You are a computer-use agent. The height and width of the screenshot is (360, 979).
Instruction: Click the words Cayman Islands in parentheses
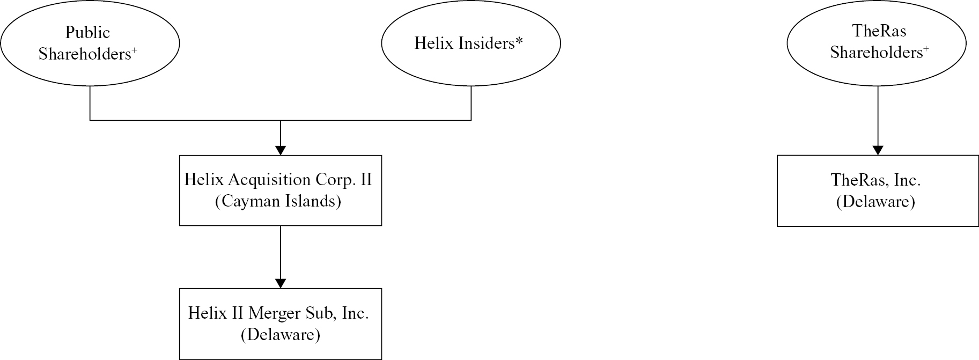(x=278, y=201)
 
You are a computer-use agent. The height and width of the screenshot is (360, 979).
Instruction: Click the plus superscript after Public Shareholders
(x=134, y=50)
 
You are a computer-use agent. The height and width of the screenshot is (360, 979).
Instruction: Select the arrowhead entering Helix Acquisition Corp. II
(x=281, y=150)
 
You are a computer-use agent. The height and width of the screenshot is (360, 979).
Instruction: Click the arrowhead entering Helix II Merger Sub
(x=281, y=283)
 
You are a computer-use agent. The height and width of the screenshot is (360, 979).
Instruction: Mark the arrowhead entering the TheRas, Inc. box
(x=878, y=150)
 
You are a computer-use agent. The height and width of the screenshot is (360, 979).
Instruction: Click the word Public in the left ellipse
(x=87, y=33)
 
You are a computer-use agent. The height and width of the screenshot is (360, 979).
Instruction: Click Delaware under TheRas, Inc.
(x=875, y=202)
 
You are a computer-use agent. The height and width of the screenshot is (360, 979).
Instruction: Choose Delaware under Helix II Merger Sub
(x=281, y=335)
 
